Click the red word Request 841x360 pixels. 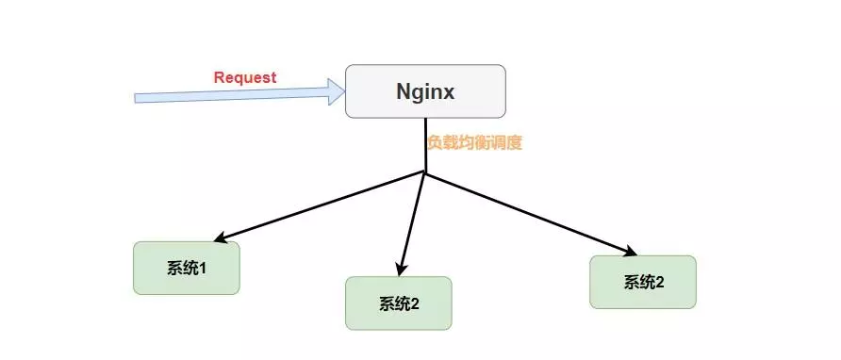(x=245, y=77)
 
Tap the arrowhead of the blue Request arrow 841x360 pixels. (x=337, y=91)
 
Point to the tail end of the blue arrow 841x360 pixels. (x=138, y=98)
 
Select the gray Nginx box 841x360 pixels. (x=425, y=91)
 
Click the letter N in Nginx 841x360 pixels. (x=402, y=92)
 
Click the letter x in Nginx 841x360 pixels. (x=451, y=92)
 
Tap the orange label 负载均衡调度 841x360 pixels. (x=474, y=143)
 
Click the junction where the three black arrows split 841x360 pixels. (x=425, y=173)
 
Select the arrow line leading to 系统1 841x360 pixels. (x=321, y=206)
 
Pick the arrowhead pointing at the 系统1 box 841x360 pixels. (x=219, y=237)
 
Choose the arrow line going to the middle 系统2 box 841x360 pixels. (x=414, y=221)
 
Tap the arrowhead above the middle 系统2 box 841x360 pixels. (x=403, y=269)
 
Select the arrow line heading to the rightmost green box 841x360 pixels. (x=528, y=212)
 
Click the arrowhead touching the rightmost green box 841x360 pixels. (x=630, y=251)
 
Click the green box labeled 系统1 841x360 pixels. (x=187, y=269)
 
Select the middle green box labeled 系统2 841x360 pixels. (x=399, y=303)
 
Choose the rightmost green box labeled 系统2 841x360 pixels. (x=643, y=282)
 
